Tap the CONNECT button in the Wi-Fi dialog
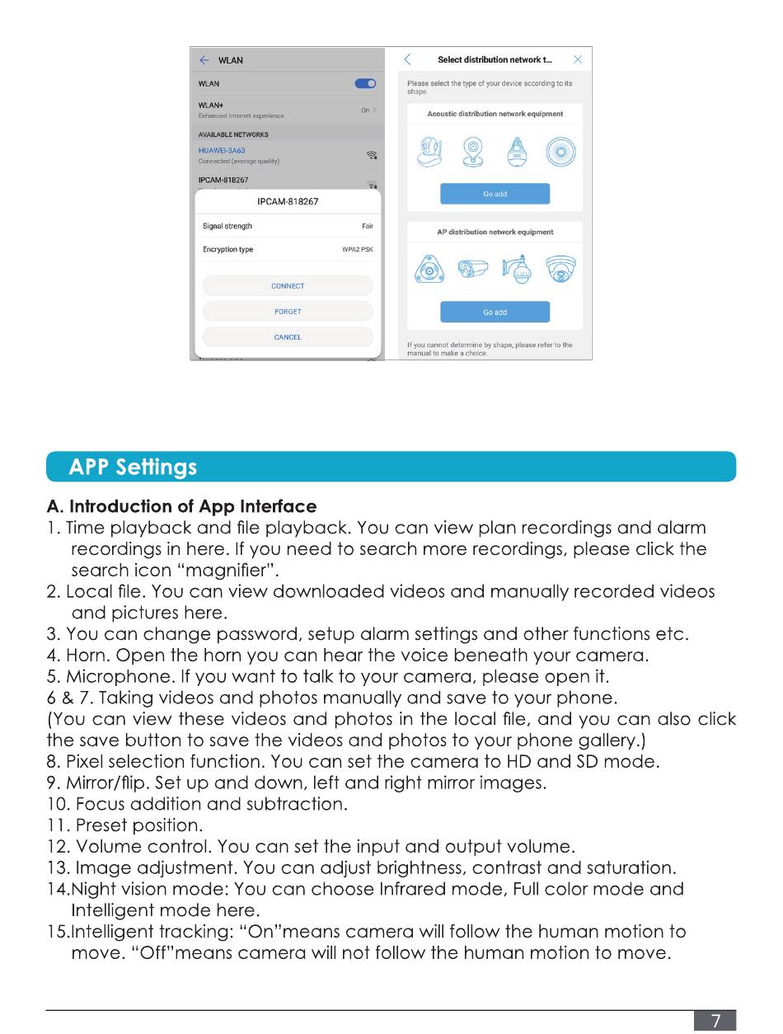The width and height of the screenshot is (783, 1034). point(288,286)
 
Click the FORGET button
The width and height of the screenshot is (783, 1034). point(288,312)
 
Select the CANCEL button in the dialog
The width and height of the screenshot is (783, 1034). point(288,337)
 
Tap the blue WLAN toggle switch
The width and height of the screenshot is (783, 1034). point(365,83)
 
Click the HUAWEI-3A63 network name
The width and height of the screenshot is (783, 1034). point(222,151)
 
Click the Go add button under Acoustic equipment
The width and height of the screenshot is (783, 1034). point(495,194)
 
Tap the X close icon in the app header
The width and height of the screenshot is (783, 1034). point(578,59)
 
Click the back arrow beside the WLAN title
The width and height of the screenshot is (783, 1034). point(204,60)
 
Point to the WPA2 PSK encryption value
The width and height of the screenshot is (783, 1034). point(358,250)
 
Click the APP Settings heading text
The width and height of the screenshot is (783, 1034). point(133,468)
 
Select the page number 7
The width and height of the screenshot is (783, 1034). point(716,1022)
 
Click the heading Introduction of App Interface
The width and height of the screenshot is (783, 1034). point(193,506)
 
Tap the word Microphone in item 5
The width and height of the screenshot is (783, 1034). point(117,677)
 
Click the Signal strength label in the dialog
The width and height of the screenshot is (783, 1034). point(227,226)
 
